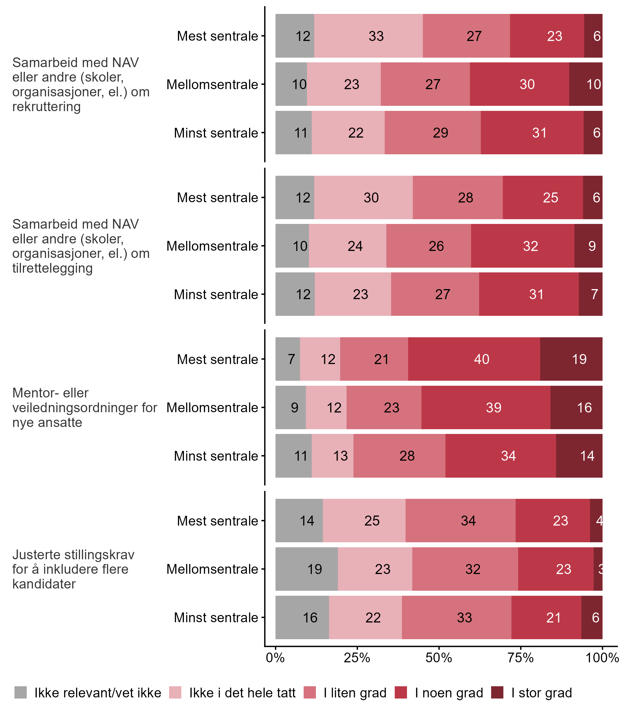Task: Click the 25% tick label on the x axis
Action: tap(357, 658)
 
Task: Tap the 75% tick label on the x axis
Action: tap(521, 658)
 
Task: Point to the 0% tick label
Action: tap(275, 658)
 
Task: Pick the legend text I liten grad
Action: tap(355, 693)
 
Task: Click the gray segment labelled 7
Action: tap(287, 359)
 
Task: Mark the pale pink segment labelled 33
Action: tap(368, 36)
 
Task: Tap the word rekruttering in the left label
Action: tap(46, 106)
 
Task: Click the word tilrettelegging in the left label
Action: tap(53, 268)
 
